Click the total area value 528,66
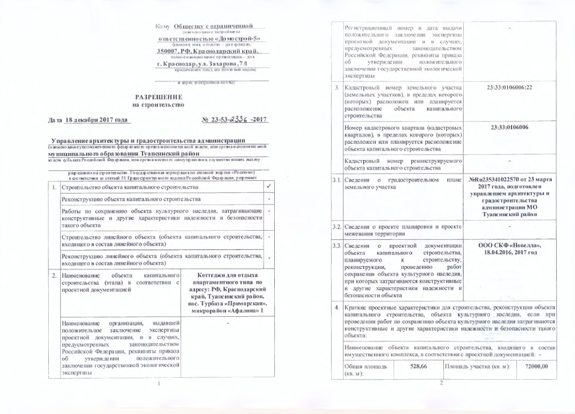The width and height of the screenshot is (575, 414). tap(419, 368)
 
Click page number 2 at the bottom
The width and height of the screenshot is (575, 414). tap(442, 384)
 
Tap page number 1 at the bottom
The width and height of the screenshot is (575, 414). tap(159, 384)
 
